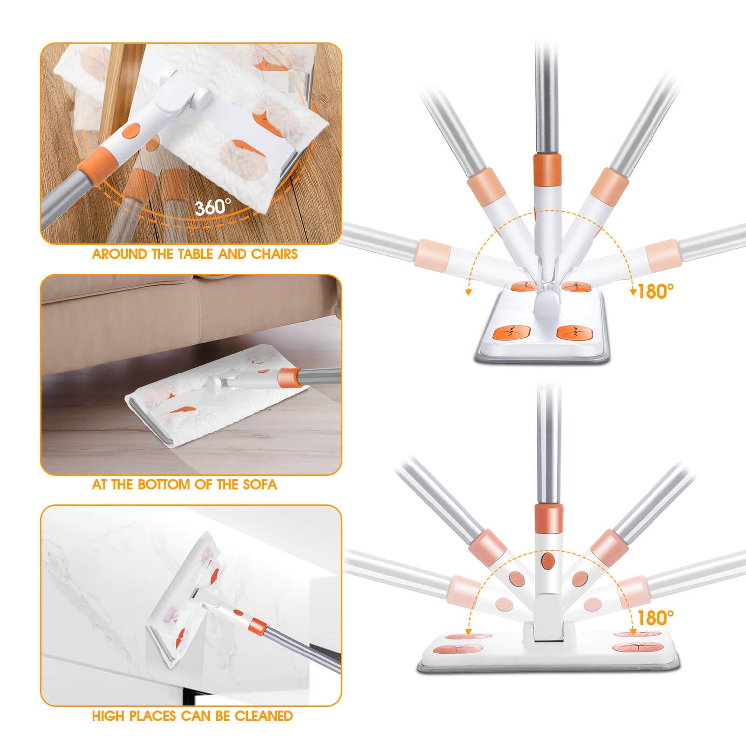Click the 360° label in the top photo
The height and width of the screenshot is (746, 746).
pos(212,206)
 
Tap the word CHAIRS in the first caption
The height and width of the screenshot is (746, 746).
pos(274,254)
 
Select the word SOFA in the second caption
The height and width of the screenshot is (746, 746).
pos(260,485)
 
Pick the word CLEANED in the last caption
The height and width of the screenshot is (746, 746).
pos(264,716)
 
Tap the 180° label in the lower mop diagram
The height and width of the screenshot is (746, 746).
pos(655,618)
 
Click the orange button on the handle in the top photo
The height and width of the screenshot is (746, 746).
pos(132,131)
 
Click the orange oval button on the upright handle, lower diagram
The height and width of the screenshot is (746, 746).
pos(548,561)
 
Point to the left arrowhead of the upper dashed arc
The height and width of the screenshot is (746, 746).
pos(468,292)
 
